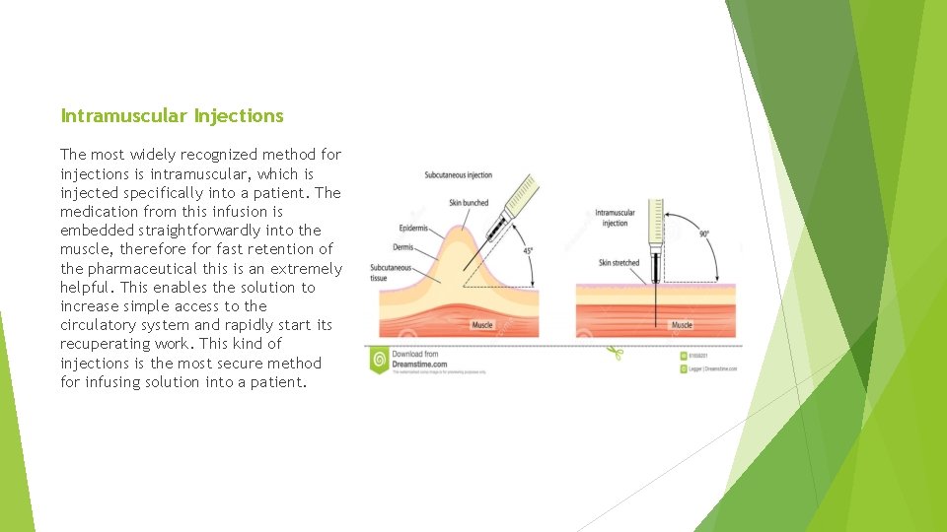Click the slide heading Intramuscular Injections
pos(172,116)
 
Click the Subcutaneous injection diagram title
pos(458,175)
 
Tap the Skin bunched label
pos(469,203)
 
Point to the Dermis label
pos(403,247)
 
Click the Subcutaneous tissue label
pos(391,273)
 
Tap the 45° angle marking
pos(528,251)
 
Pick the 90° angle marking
pos(703,234)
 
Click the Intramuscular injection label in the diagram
pos(615,218)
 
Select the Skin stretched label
pos(619,263)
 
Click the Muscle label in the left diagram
pos(481,325)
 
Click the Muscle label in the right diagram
pos(682,325)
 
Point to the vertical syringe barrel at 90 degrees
pos(654,227)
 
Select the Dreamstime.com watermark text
pos(419,364)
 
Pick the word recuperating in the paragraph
pos(106,344)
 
